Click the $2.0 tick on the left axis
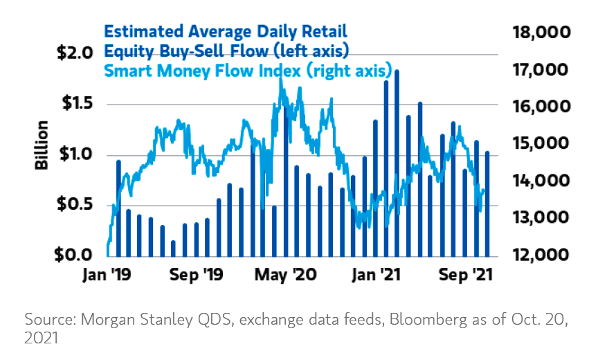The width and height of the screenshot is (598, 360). click(73, 53)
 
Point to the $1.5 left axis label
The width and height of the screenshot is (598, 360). click(73, 105)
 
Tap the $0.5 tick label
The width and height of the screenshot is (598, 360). click(73, 205)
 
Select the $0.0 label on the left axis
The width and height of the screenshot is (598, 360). click(73, 255)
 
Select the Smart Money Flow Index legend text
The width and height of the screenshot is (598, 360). click(248, 71)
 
